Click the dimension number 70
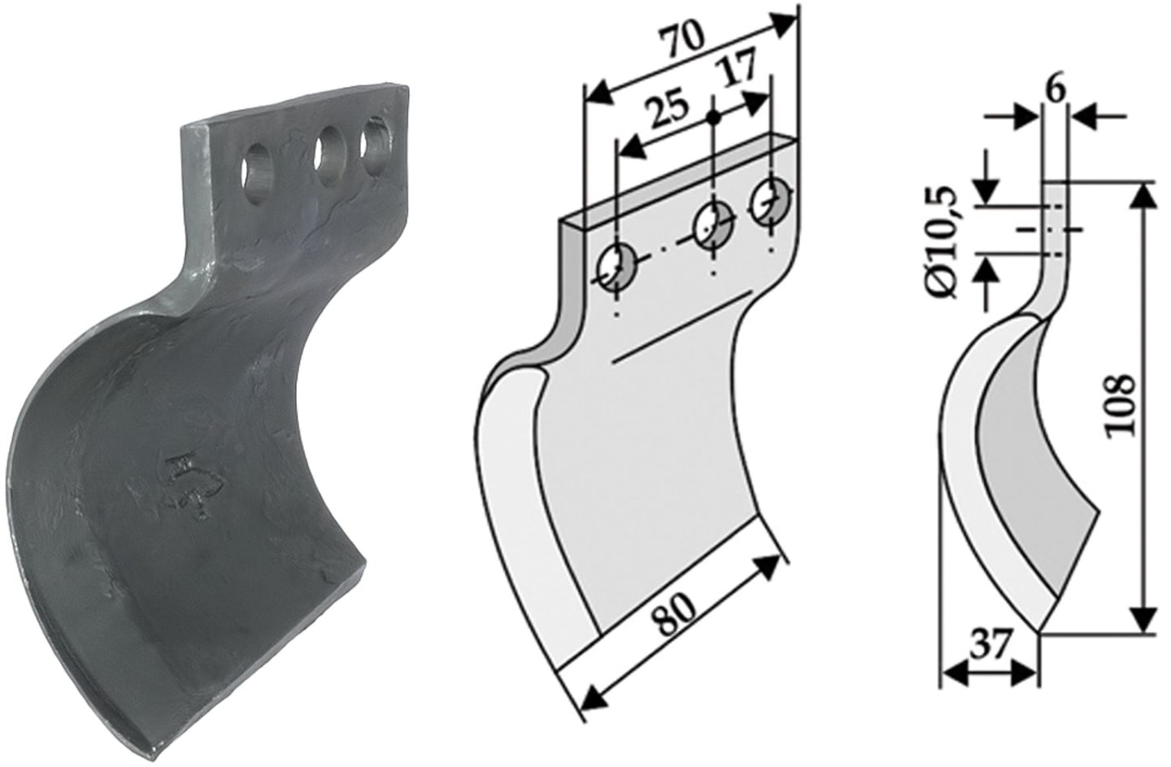pyautogui.click(x=683, y=41)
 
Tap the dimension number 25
pyautogui.click(x=666, y=109)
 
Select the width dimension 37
pyautogui.click(x=989, y=647)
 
